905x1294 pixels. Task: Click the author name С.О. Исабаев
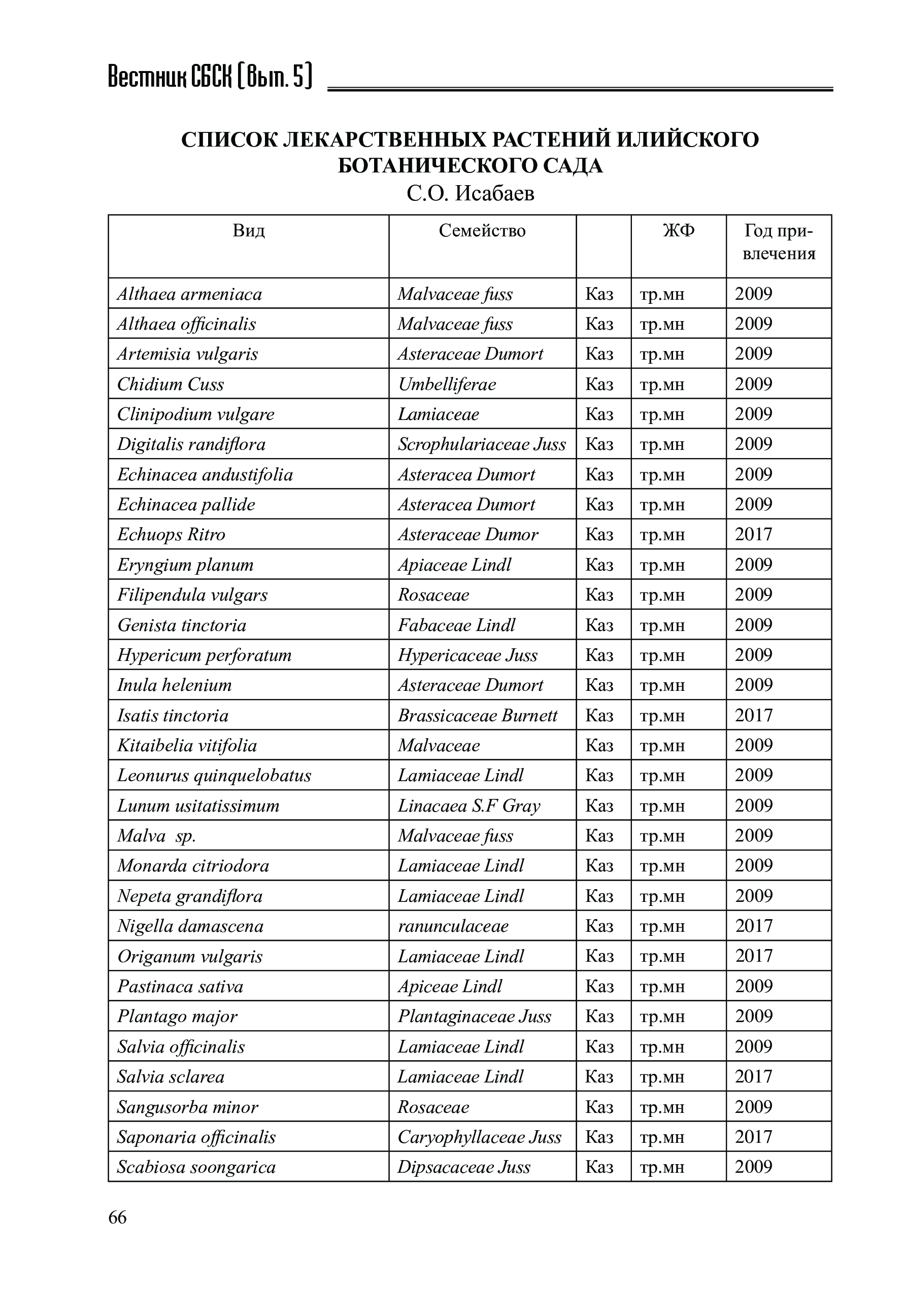(470, 193)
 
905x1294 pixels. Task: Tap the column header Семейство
(482, 230)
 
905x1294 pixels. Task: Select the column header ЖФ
(678, 230)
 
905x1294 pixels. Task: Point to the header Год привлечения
(779, 242)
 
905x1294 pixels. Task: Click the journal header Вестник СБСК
(209, 77)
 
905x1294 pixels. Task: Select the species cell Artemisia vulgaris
(187, 354)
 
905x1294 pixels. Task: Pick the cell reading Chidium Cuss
(170, 384)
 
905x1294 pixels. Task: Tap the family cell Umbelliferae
(447, 384)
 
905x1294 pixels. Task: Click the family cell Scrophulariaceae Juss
(482, 444)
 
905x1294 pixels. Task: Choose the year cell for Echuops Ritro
(753, 534)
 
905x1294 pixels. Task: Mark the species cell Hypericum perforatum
(204, 655)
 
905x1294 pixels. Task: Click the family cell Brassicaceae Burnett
(478, 715)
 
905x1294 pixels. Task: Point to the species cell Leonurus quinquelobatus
(214, 776)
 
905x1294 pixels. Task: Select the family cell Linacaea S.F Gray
(469, 806)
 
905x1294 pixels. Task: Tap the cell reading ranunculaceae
(453, 926)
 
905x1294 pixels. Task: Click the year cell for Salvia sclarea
(753, 1076)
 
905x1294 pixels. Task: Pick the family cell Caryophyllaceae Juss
(479, 1137)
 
